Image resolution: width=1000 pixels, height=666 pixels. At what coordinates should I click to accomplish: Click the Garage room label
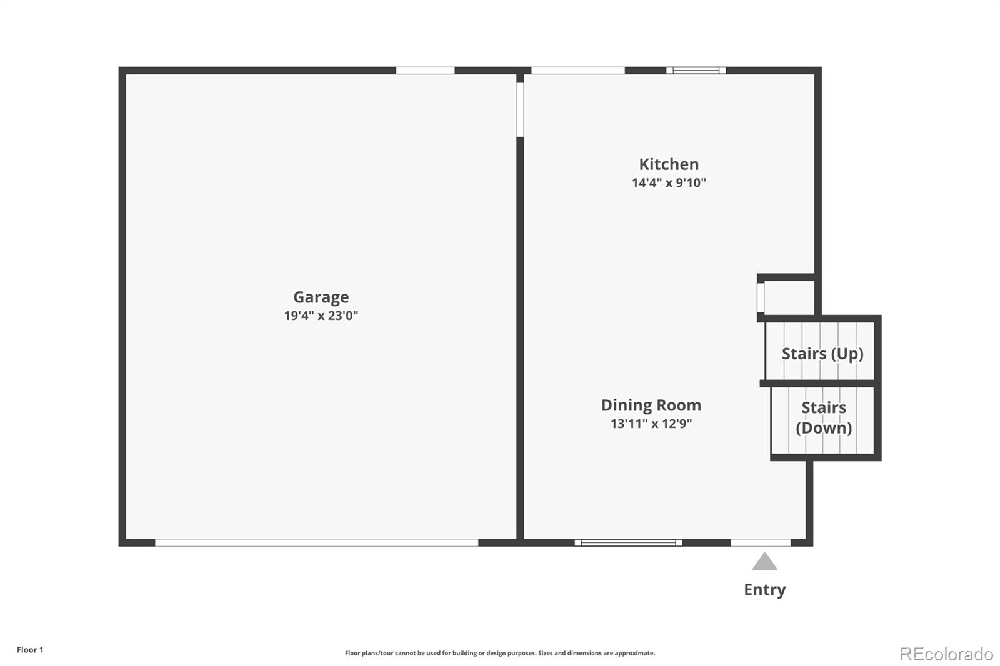tap(321, 297)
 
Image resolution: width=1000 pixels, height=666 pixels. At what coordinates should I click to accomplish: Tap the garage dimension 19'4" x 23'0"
tap(321, 316)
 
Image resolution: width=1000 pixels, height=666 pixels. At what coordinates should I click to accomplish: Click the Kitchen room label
tap(669, 164)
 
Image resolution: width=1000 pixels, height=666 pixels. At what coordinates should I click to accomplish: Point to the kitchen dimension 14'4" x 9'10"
tap(669, 183)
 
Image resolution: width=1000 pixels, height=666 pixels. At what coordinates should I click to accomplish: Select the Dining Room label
tap(651, 405)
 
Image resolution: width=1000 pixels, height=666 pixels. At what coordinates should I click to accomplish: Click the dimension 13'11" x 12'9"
tap(651, 424)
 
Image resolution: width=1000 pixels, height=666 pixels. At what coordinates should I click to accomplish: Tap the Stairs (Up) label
tap(822, 354)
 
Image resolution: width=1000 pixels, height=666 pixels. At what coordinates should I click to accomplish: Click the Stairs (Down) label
tap(824, 417)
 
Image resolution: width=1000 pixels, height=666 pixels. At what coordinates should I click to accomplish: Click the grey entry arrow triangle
tap(764, 562)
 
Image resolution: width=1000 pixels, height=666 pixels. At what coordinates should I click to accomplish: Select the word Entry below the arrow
tap(764, 589)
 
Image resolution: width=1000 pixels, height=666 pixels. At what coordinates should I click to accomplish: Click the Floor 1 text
tap(30, 650)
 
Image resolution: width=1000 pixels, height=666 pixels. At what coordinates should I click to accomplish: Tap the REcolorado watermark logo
tap(946, 654)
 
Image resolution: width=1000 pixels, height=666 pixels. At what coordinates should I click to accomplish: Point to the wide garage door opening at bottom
tap(316, 543)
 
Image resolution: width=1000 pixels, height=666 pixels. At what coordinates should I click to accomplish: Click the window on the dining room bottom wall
tap(628, 543)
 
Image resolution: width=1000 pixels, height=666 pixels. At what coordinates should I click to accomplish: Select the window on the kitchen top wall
tap(696, 71)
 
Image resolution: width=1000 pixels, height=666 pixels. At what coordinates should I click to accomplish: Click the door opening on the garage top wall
tap(425, 71)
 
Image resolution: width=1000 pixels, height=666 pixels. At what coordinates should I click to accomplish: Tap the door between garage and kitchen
tap(520, 109)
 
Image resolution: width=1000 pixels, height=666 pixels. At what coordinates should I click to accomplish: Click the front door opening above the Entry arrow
tap(761, 543)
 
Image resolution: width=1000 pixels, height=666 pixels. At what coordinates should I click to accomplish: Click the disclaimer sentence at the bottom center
tap(500, 653)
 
